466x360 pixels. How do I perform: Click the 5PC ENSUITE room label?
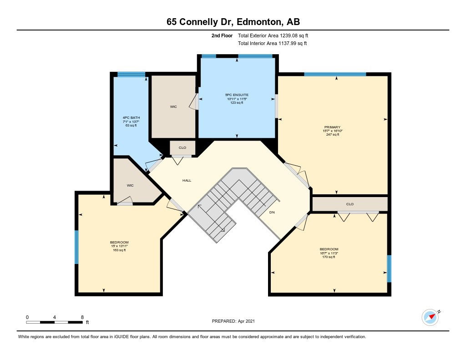237,95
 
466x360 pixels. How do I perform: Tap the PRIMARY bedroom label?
332,127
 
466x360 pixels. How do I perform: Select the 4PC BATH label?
131,118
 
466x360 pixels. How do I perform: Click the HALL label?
187,180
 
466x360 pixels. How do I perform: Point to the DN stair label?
272,212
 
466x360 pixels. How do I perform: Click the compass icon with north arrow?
431,317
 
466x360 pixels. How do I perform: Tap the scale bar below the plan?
55,322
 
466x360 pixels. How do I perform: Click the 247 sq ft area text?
333,135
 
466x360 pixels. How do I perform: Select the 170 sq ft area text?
329,257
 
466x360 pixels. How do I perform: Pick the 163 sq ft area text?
119,250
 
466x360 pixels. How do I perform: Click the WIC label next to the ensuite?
173,106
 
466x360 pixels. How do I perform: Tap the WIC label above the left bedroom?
130,186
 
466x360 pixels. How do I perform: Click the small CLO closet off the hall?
182,148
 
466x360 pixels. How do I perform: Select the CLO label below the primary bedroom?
350,204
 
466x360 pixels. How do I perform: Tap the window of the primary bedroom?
335,74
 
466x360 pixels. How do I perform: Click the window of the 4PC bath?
131,74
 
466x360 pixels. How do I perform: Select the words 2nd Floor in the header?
222,35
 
